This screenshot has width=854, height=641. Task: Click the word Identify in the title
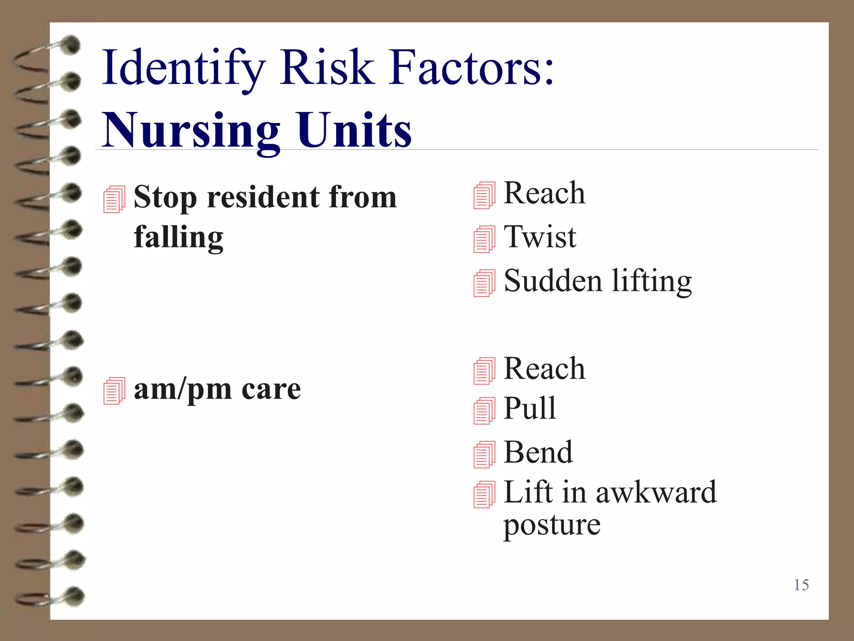[x=183, y=68]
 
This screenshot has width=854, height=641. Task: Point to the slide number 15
[x=801, y=585]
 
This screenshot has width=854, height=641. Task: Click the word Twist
[x=540, y=237]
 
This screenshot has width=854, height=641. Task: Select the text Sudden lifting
[x=597, y=281]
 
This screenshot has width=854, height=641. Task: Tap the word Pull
[x=530, y=408]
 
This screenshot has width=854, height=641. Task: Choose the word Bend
[x=538, y=452]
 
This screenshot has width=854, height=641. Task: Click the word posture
[x=551, y=525]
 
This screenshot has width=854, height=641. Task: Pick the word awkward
[x=656, y=492]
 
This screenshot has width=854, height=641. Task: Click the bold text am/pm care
[x=217, y=389]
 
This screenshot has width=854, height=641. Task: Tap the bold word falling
[x=178, y=237]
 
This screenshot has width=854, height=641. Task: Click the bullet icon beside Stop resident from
[x=114, y=199]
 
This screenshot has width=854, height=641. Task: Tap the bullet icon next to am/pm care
[x=114, y=391]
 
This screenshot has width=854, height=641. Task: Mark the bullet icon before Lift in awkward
[x=484, y=495]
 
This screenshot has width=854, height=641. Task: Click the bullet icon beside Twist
[x=484, y=239]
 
